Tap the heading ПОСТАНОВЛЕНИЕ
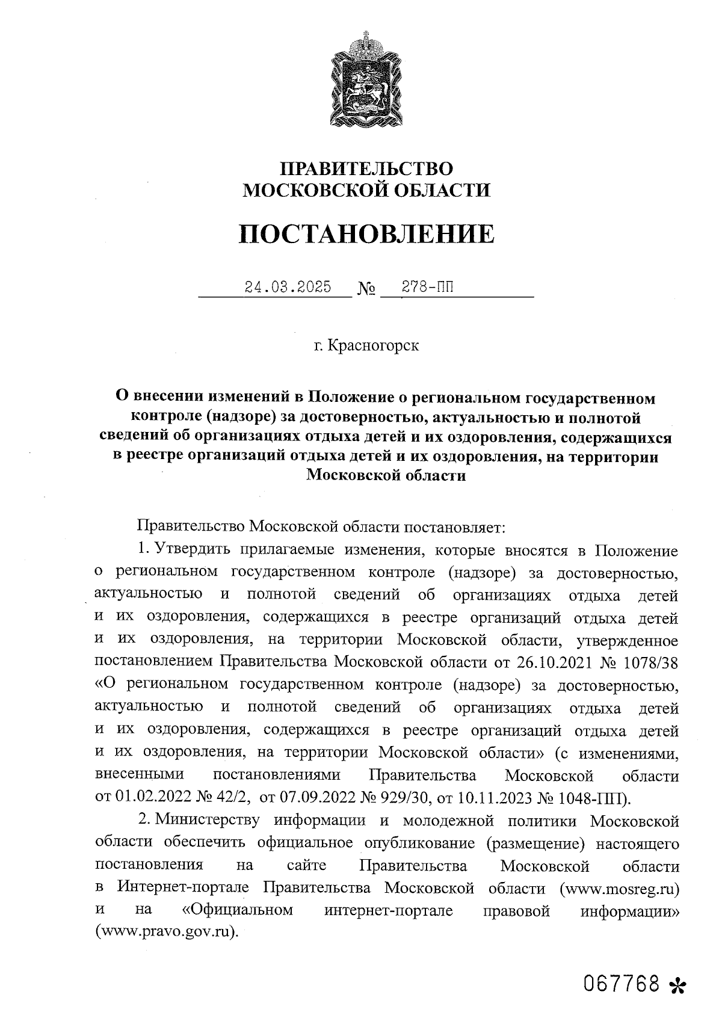click(x=366, y=234)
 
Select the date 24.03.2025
click(x=288, y=287)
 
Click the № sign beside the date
click(x=366, y=290)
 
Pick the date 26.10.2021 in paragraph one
click(x=555, y=662)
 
